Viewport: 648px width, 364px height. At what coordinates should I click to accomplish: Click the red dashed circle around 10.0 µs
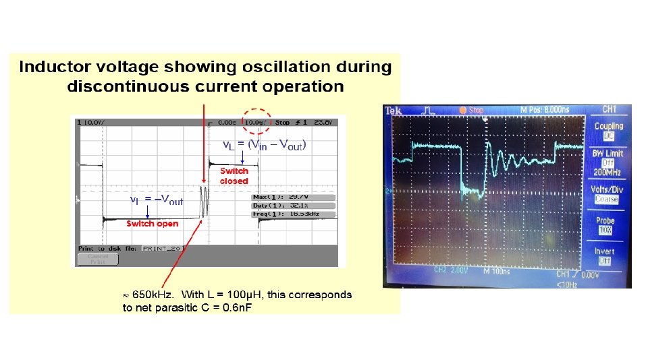tap(256, 122)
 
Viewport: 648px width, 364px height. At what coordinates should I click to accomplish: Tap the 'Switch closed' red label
tap(234, 176)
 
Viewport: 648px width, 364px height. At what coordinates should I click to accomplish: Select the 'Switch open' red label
tap(153, 223)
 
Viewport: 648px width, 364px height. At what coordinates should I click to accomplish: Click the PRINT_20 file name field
tap(161, 248)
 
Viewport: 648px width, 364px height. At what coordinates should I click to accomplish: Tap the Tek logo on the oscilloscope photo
tap(394, 111)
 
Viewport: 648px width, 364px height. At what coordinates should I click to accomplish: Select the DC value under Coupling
tap(608, 135)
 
